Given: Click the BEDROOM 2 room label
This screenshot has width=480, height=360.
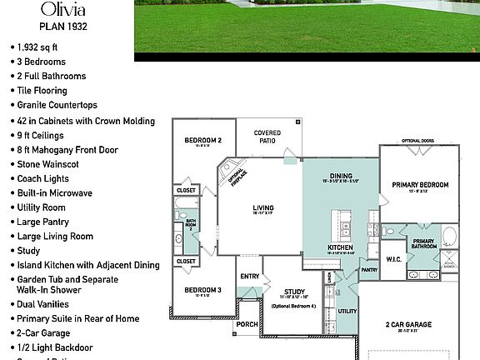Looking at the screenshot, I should pos(202,141).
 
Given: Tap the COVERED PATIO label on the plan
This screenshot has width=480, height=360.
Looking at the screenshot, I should pos(267,137).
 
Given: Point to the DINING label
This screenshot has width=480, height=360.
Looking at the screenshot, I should pos(342,176).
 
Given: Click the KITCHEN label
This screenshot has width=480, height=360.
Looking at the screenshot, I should pos(342,248).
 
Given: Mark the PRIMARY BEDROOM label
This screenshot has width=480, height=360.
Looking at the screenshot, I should pos(421,185).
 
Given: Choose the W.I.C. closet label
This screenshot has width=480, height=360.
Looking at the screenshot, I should pos(393,259).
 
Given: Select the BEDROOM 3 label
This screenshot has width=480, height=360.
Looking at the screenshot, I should pos(202,290).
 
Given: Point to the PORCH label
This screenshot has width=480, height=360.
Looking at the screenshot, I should pos(247,325).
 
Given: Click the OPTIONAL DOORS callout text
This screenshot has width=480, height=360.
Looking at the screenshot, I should pos(417,141).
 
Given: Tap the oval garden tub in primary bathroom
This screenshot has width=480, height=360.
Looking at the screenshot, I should pos(449,235).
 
